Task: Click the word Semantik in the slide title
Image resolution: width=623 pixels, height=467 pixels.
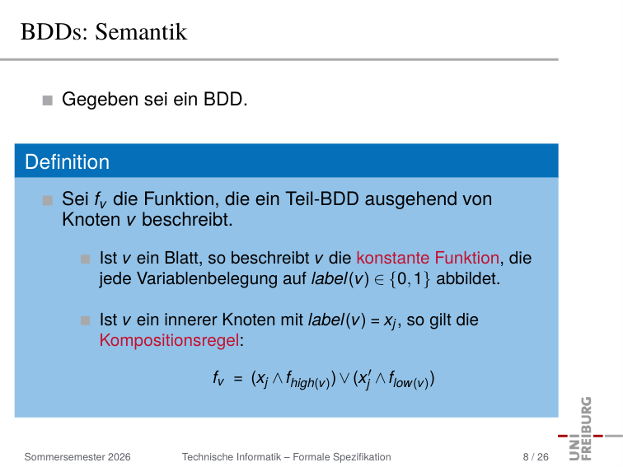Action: point(141,32)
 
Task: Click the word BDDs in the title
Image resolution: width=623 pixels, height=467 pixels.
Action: point(54,32)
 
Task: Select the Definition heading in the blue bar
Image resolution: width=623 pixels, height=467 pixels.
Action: point(67,162)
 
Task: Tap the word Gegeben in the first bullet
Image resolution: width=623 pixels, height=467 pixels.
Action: point(100,100)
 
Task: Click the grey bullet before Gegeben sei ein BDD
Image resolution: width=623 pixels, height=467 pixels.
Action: point(47,100)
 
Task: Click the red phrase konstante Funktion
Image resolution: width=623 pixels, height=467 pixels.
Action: point(428,258)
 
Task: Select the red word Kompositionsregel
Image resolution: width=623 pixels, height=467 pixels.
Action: point(169,340)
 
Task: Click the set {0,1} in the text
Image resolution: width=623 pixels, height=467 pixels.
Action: point(410,278)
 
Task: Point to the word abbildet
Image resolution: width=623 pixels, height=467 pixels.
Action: point(468,278)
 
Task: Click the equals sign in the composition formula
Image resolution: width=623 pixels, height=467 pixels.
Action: point(238,378)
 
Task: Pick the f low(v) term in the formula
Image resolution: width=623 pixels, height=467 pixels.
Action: point(409,379)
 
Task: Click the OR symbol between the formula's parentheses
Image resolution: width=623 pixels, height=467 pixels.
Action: point(344,378)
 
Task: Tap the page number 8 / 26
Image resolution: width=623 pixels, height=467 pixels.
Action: point(536,457)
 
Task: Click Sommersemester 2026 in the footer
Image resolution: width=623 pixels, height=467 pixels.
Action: point(77,457)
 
